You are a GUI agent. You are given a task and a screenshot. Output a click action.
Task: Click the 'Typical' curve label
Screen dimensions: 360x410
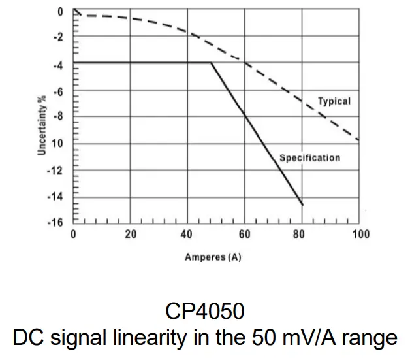[x=334, y=101]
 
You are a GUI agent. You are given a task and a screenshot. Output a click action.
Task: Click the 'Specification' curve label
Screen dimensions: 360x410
[x=309, y=158]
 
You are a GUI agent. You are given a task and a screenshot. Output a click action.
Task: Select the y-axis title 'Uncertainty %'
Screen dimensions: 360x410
[x=41, y=125]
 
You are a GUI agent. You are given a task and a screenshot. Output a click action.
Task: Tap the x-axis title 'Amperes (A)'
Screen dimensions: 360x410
[x=213, y=257]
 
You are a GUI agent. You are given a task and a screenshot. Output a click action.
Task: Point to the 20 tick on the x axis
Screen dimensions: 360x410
[x=131, y=234]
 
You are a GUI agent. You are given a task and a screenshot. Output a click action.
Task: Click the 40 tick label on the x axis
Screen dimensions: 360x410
[x=187, y=234]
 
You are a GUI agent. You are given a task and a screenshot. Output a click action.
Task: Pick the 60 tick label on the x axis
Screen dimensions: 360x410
[x=244, y=234]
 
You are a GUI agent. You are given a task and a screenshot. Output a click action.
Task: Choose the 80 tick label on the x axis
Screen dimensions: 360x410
[x=300, y=234]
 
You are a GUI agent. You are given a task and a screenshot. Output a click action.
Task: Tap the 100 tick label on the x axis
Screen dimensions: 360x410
[x=360, y=234]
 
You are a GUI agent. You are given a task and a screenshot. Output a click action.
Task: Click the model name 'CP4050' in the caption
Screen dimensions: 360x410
[x=204, y=311]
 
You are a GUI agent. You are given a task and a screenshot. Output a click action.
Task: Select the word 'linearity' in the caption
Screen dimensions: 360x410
[x=165, y=338]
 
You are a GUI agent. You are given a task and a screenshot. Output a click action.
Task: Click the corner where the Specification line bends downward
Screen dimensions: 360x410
[x=211, y=63]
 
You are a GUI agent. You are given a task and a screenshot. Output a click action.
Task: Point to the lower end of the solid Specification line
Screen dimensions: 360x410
[x=303, y=205]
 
